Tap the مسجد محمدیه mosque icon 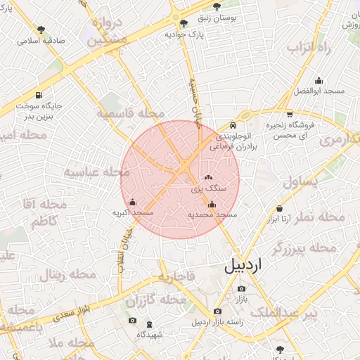tap(212, 205)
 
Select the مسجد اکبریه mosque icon tap(133, 202)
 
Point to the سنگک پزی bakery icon tap(208, 178)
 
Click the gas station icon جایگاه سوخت tap(38, 96)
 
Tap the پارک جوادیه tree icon tap(184, 23)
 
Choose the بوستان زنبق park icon tap(217, 6)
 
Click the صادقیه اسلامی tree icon tap(41, 30)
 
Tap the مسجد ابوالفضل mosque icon tap(319, 80)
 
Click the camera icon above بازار tap(242, 288)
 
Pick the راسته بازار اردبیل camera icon tap(217, 311)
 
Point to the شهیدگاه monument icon tap(148, 324)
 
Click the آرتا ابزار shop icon tap(280, 208)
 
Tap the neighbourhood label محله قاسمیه tap(131, 113)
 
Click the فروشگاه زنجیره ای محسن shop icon tap(290, 115)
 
